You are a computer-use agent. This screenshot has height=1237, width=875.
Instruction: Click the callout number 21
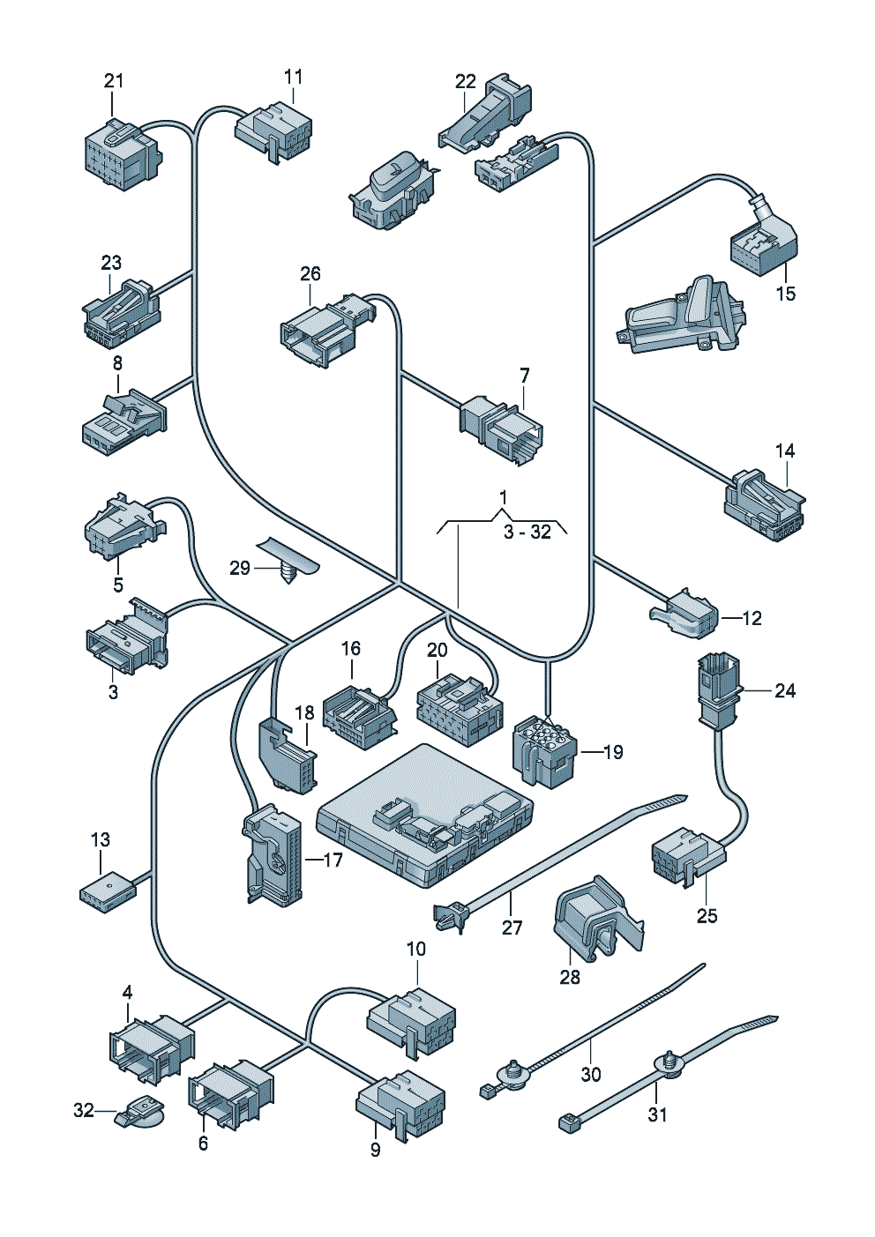click(x=113, y=81)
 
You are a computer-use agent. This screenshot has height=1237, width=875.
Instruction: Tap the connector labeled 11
click(x=273, y=131)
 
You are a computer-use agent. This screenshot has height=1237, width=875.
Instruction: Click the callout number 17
click(x=333, y=860)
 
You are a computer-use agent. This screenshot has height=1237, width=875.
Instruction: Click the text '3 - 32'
click(x=527, y=533)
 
